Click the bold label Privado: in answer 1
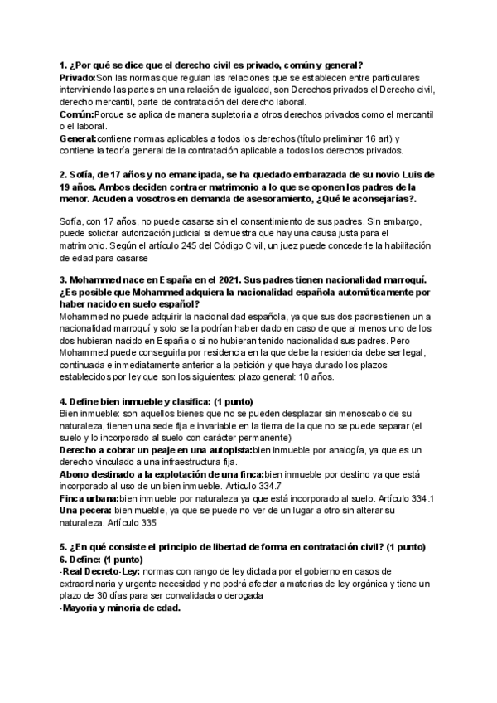[78, 75]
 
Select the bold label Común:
[76, 114]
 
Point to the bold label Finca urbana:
[89, 498]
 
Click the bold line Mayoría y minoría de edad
[122, 608]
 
